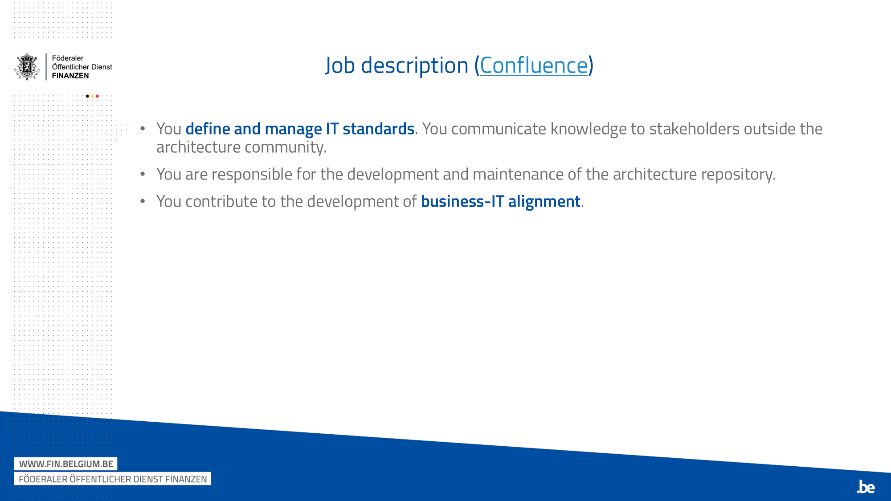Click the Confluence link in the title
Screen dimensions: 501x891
pyautogui.click(x=534, y=66)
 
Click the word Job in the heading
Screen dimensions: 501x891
pyautogui.click(x=340, y=66)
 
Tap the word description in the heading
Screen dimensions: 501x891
pyautogui.click(x=414, y=66)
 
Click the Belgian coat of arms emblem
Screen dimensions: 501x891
pyautogui.click(x=27, y=67)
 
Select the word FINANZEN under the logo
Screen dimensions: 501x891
pyautogui.click(x=70, y=76)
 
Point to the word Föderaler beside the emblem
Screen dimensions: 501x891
pyautogui.click(x=68, y=58)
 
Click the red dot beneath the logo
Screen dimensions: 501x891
pyautogui.click(x=97, y=96)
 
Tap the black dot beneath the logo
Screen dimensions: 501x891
pyautogui.click(x=87, y=96)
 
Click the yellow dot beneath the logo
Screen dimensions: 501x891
pyautogui.click(x=92, y=96)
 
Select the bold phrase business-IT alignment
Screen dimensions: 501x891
pyautogui.click(x=500, y=202)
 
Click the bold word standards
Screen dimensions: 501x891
pyautogui.click(x=378, y=129)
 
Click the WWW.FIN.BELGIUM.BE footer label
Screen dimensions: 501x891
pyautogui.click(x=66, y=464)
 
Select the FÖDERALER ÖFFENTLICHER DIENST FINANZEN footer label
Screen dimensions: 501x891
pyautogui.click(x=113, y=479)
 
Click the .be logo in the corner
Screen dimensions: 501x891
pyautogui.click(x=866, y=487)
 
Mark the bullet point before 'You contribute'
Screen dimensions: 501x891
pyautogui.click(x=143, y=201)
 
